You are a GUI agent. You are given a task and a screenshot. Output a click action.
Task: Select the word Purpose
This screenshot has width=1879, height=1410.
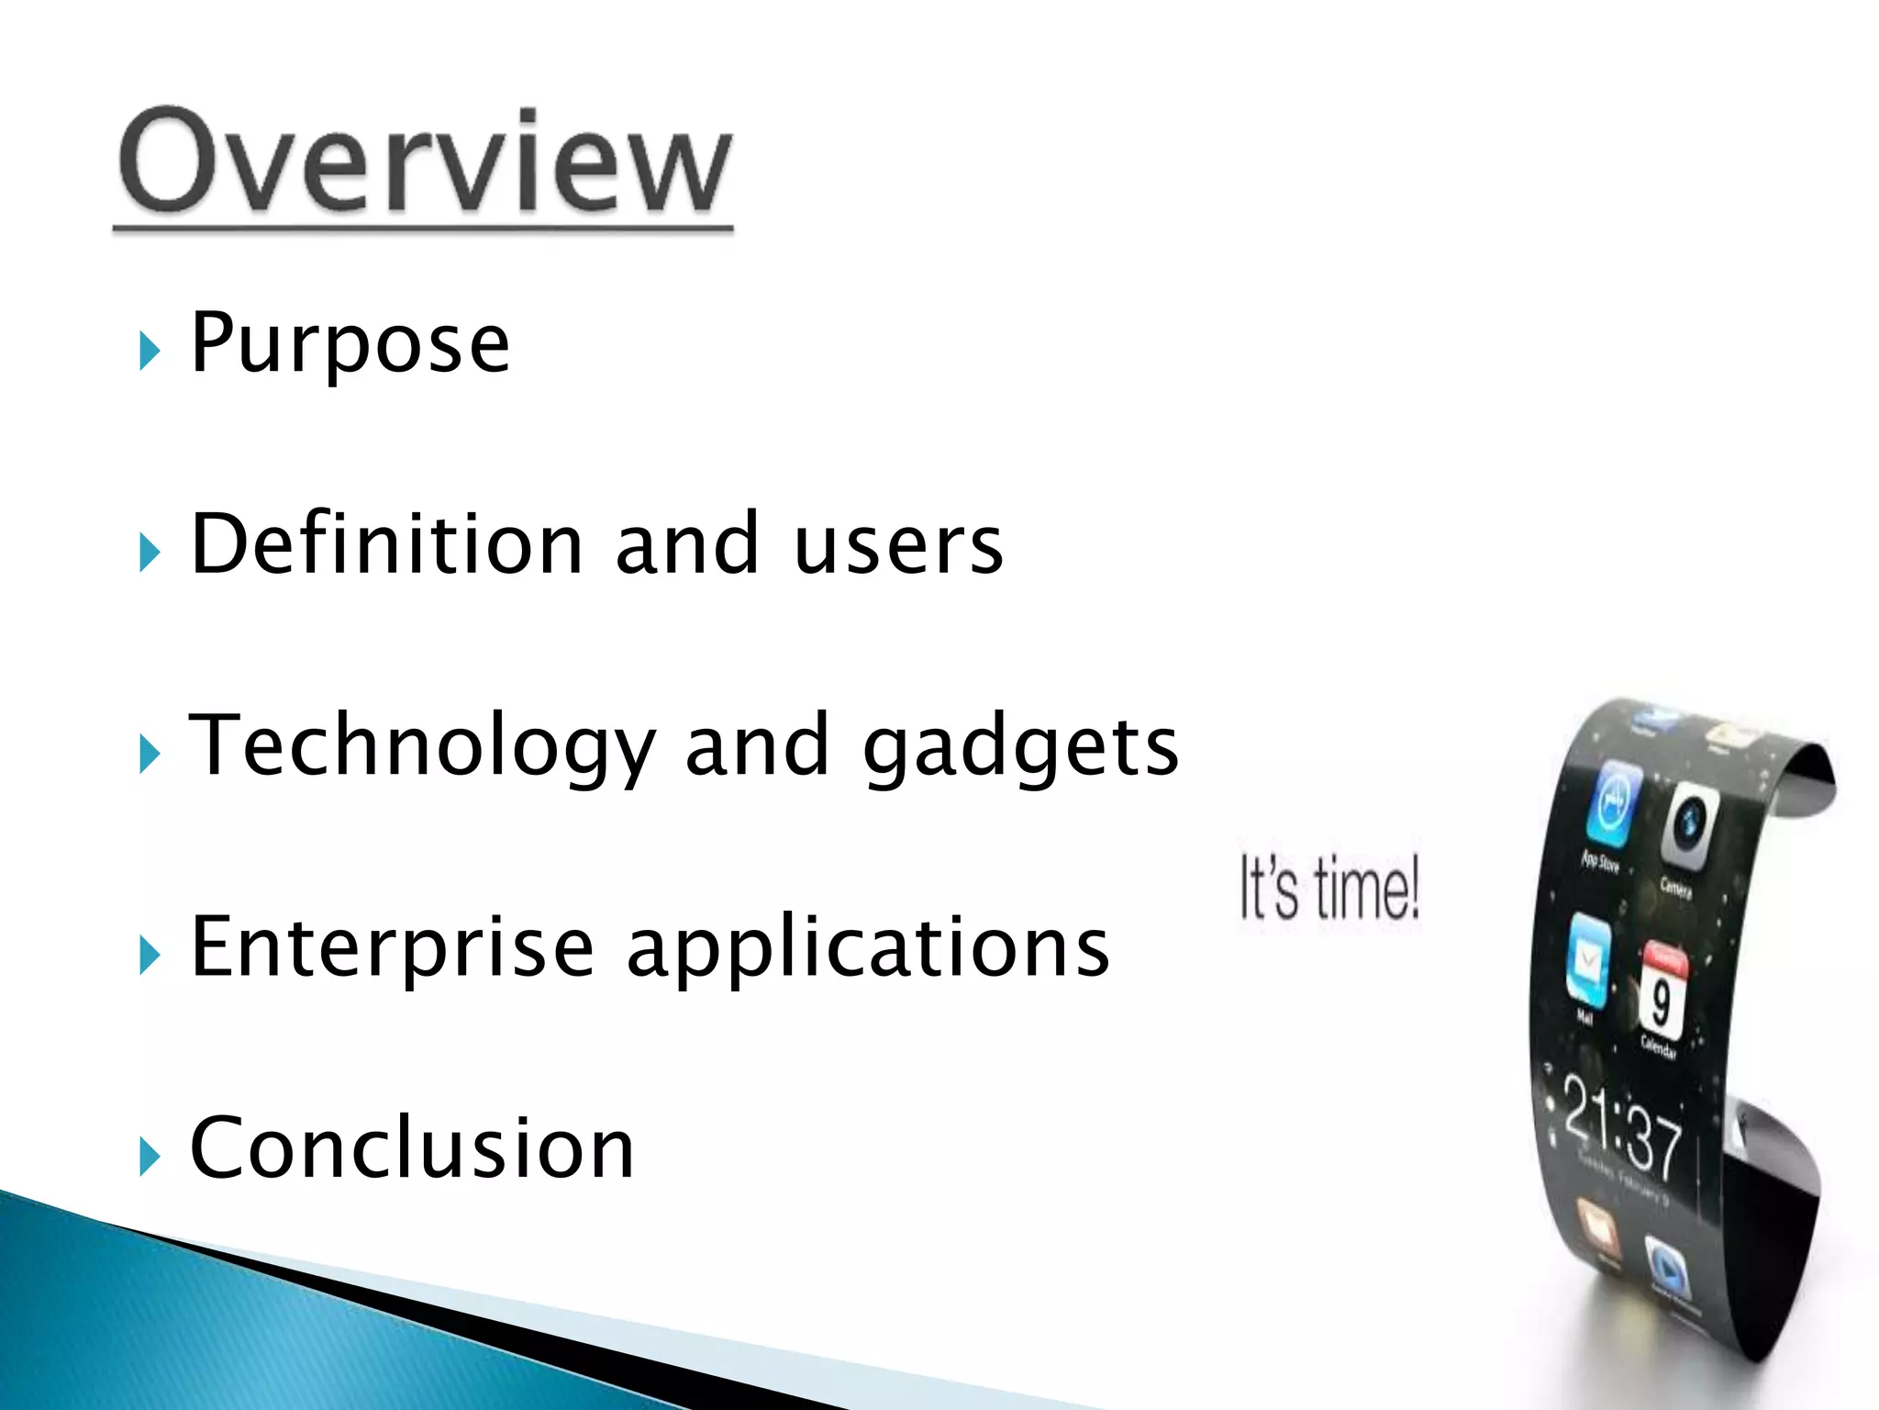pos(350,344)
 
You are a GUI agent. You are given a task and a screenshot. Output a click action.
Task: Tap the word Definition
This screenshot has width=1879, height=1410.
pos(386,544)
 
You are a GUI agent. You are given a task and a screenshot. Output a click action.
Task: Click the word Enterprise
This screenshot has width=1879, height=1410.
pos(393,948)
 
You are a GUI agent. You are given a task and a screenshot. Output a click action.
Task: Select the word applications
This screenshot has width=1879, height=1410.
pos(868,948)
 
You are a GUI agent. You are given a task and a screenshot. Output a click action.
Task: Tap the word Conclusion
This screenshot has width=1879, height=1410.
pos(412,1148)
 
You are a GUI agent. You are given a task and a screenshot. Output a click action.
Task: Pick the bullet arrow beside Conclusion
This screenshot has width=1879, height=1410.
pos(150,1158)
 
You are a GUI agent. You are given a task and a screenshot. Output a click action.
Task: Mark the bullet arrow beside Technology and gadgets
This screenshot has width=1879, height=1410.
pos(150,755)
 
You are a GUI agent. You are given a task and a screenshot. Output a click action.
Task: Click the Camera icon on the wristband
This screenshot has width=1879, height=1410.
pos(1688,825)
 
